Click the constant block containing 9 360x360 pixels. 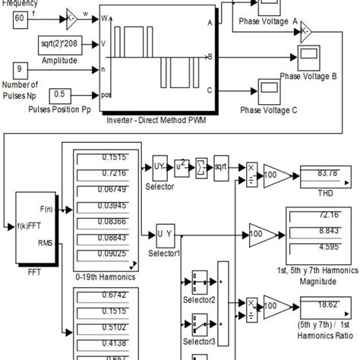point(21,72)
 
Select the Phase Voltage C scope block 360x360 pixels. point(270,90)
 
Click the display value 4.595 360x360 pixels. point(324,245)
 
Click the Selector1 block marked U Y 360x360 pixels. point(166,233)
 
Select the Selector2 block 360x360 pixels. point(201,281)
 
